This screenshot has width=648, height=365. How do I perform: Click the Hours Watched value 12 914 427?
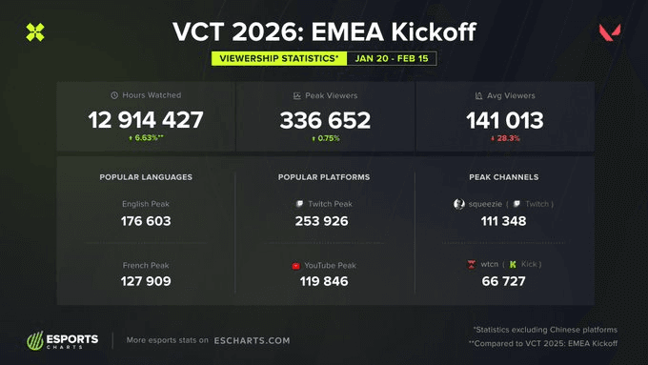coord(146,121)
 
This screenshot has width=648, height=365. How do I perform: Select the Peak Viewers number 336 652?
coord(324,121)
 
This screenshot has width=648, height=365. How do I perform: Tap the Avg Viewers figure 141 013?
coord(504,121)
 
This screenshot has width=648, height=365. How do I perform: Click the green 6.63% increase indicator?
coord(146,138)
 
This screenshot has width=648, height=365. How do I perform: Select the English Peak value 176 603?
coord(146,222)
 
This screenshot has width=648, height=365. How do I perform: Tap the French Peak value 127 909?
coord(146,281)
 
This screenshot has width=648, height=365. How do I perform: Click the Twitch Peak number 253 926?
coord(324,222)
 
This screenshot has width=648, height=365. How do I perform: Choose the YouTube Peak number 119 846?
coord(324,281)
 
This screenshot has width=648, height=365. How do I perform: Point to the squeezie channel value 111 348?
coord(504,222)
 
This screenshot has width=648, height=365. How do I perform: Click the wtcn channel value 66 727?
coord(504,281)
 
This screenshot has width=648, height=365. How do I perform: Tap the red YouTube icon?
coord(296,265)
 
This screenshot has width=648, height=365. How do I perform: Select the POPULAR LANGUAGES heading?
coord(146,177)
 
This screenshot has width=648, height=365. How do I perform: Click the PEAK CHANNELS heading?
coord(504,177)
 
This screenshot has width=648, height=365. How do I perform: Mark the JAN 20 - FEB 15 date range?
coord(393,58)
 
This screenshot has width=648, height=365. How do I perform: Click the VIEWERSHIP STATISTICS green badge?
coord(279,58)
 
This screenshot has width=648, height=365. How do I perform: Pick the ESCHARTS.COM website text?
coord(253,340)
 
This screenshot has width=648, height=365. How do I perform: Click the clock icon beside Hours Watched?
coord(114,95)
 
